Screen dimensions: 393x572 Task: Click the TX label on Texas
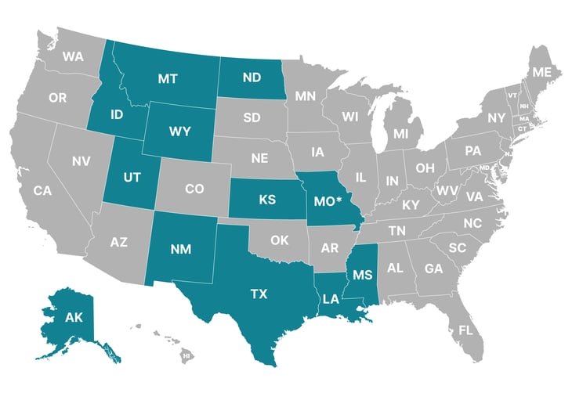(x=259, y=294)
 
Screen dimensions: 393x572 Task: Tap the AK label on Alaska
(x=74, y=318)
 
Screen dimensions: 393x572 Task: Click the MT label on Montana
(x=166, y=79)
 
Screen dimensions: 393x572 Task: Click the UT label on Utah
(x=132, y=177)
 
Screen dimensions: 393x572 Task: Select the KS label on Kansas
(x=268, y=200)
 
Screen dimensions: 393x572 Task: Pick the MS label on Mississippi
(x=361, y=276)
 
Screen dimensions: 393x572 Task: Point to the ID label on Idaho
(x=117, y=115)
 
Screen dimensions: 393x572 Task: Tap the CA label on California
(x=42, y=190)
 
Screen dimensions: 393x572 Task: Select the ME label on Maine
(x=541, y=72)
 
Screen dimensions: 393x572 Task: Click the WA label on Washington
(x=74, y=56)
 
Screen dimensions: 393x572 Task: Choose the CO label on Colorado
(x=194, y=189)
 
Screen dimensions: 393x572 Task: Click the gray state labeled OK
(x=280, y=240)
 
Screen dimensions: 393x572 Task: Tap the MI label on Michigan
(x=401, y=134)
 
